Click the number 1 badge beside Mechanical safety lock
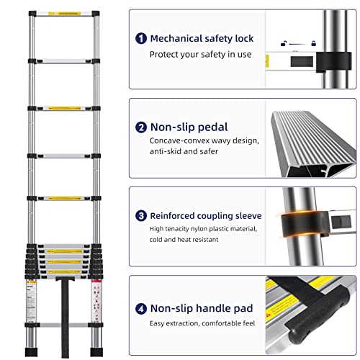point(140,38)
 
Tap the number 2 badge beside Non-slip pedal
point(140,127)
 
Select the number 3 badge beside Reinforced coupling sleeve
point(140,215)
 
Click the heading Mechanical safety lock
point(202,38)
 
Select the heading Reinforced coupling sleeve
point(205,215)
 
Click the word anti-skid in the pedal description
point(168,152)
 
